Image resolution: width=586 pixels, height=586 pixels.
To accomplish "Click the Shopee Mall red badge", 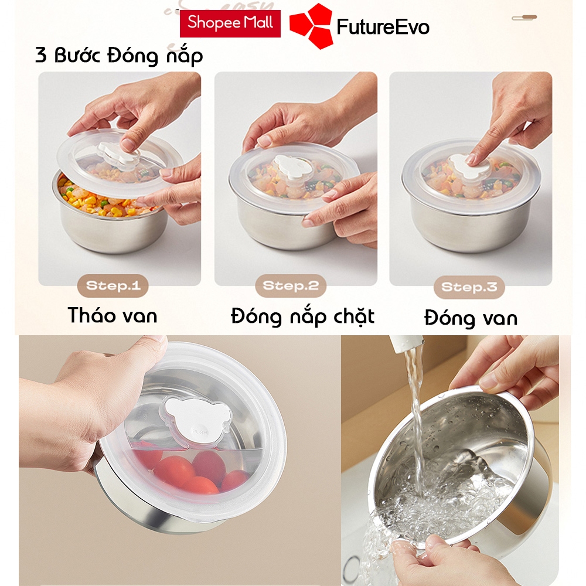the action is [230, 23].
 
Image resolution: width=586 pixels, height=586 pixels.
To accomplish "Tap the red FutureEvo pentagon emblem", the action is [311, 26].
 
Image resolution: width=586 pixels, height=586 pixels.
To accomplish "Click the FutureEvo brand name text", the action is [383, 27].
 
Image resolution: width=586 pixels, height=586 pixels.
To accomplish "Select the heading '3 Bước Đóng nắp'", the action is [119, 55].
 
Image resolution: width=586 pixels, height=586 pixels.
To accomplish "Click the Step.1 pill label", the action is [113, 286].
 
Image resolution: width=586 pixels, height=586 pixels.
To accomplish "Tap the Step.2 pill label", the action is [291, 286].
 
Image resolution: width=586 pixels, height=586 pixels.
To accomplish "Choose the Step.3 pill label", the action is [469, 287].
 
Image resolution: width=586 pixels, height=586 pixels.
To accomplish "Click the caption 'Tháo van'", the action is [112, 315].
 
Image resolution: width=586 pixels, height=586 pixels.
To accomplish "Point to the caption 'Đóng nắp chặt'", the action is [303, 316].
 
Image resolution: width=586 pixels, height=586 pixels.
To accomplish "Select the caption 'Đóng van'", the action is [471, 318].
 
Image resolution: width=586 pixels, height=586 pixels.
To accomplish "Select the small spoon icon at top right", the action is [524, 17].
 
